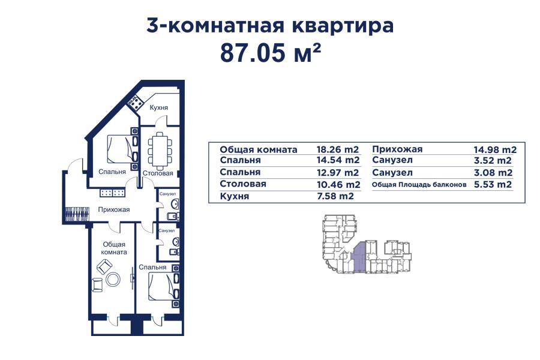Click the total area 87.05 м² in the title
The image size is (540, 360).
coord(271,53)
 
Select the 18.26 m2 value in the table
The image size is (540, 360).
coord(337,149)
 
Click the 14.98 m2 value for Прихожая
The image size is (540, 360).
coord(495,149)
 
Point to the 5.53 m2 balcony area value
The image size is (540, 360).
coord(492,185)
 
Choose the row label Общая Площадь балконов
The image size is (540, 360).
coord(419,185)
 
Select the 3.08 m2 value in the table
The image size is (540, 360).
coord(492,173)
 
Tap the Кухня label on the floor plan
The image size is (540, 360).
coord(158,107)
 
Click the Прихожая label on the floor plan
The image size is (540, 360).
coord(114,209)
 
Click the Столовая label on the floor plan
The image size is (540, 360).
coord(158,173)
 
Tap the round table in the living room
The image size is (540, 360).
coord(113,279)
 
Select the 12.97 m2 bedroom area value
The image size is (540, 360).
coord(337,173)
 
